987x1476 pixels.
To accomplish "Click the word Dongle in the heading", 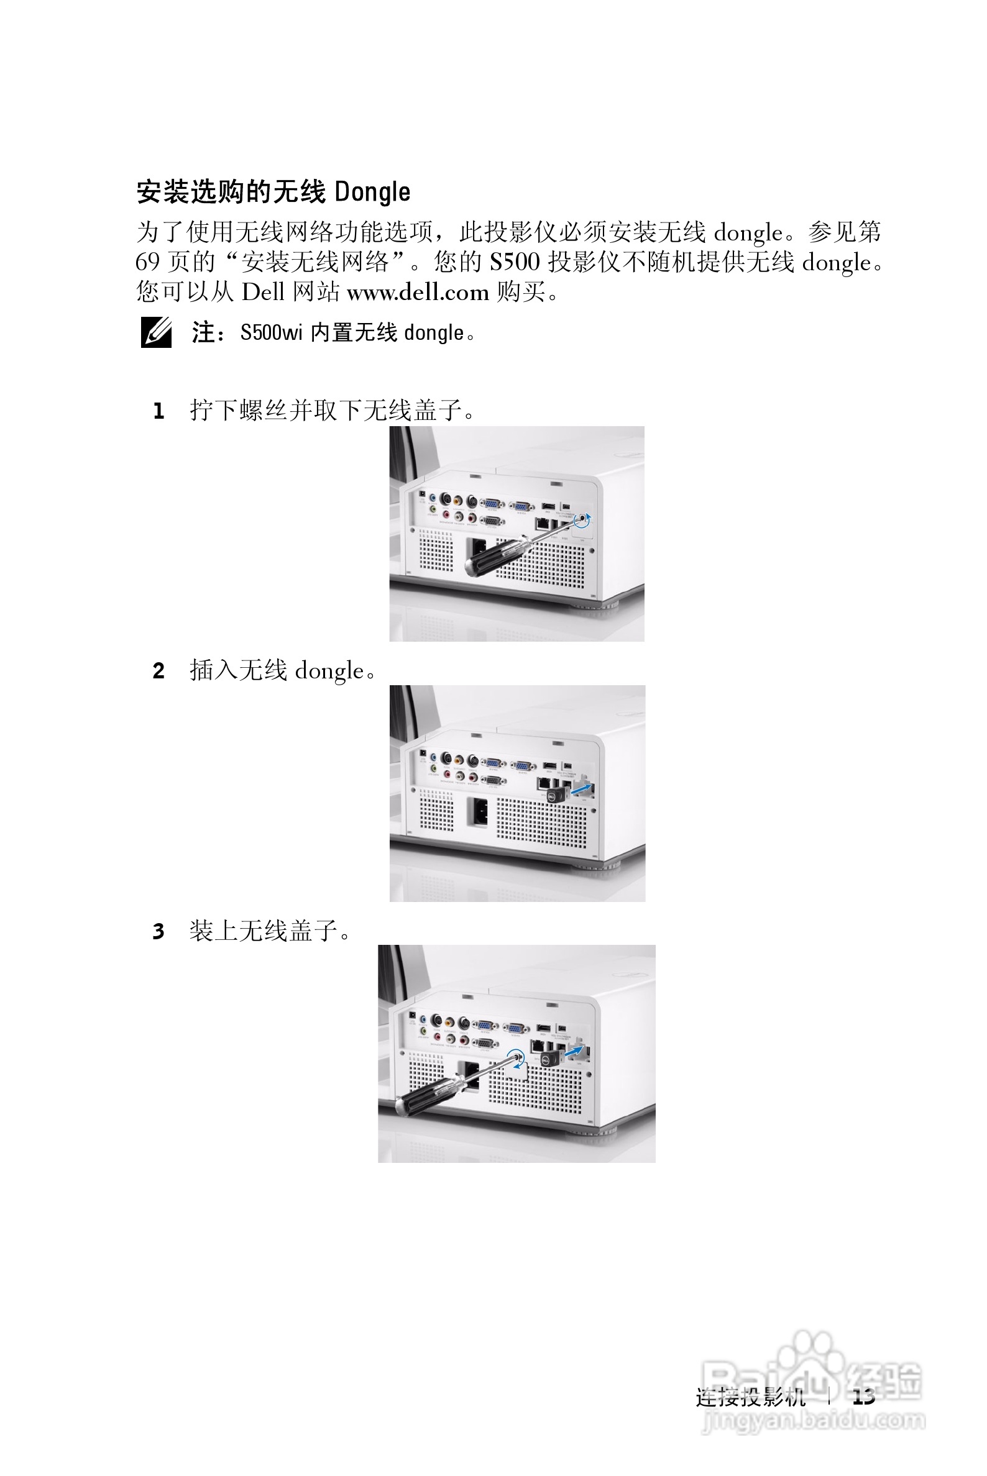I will [x=372, y=193].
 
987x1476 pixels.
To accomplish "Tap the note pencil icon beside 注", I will [x=155, y=332].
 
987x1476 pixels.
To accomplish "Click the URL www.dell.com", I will [x=417, y=292].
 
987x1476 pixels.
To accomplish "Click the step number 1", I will [x=158, y=411].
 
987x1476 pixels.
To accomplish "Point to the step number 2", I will [x=158, y=672].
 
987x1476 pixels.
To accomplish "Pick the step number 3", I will [x=158, y=931].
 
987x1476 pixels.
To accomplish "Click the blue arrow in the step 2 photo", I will [x=582, y=789].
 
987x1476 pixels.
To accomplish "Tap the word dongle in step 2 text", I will [x=329, y=672].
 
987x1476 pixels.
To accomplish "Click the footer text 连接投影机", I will [x=750, y=1396].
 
